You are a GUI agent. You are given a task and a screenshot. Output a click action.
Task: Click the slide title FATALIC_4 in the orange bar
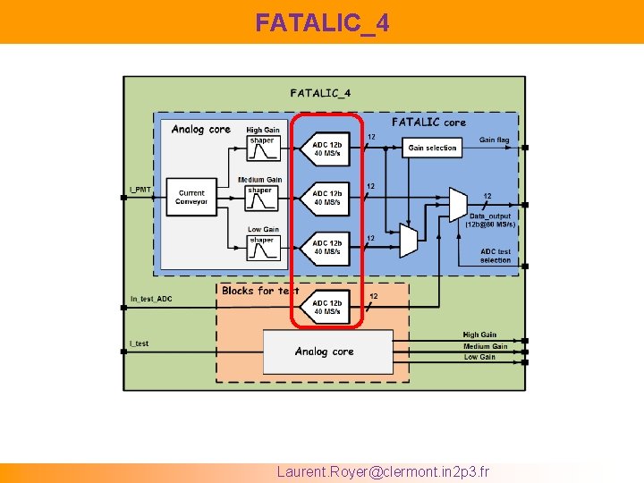321,22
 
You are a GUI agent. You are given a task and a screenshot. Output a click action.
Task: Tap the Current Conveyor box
191,197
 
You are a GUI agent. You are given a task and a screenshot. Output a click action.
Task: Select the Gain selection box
432,148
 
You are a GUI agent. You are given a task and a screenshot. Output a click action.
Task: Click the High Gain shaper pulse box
262,153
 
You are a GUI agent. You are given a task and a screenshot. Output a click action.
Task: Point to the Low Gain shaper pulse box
262,251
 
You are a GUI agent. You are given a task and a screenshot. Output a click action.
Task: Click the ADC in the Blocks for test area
326,307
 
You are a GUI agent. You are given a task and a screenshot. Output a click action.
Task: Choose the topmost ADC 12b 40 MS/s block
326,148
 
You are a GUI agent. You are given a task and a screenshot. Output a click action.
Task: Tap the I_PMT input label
140,190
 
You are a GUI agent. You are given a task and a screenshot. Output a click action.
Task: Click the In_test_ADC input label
151,299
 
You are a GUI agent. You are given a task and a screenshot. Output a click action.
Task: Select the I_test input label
140,343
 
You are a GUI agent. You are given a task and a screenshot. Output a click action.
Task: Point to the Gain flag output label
494,140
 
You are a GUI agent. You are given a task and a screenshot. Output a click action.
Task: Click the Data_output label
490,216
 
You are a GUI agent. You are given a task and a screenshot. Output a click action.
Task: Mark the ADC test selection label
495,256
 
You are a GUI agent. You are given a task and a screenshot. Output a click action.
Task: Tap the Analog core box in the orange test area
326,352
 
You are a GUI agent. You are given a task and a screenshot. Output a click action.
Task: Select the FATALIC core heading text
428,122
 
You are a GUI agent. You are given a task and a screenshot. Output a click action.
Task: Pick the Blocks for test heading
260,291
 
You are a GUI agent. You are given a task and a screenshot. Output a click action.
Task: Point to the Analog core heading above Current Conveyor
200,130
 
